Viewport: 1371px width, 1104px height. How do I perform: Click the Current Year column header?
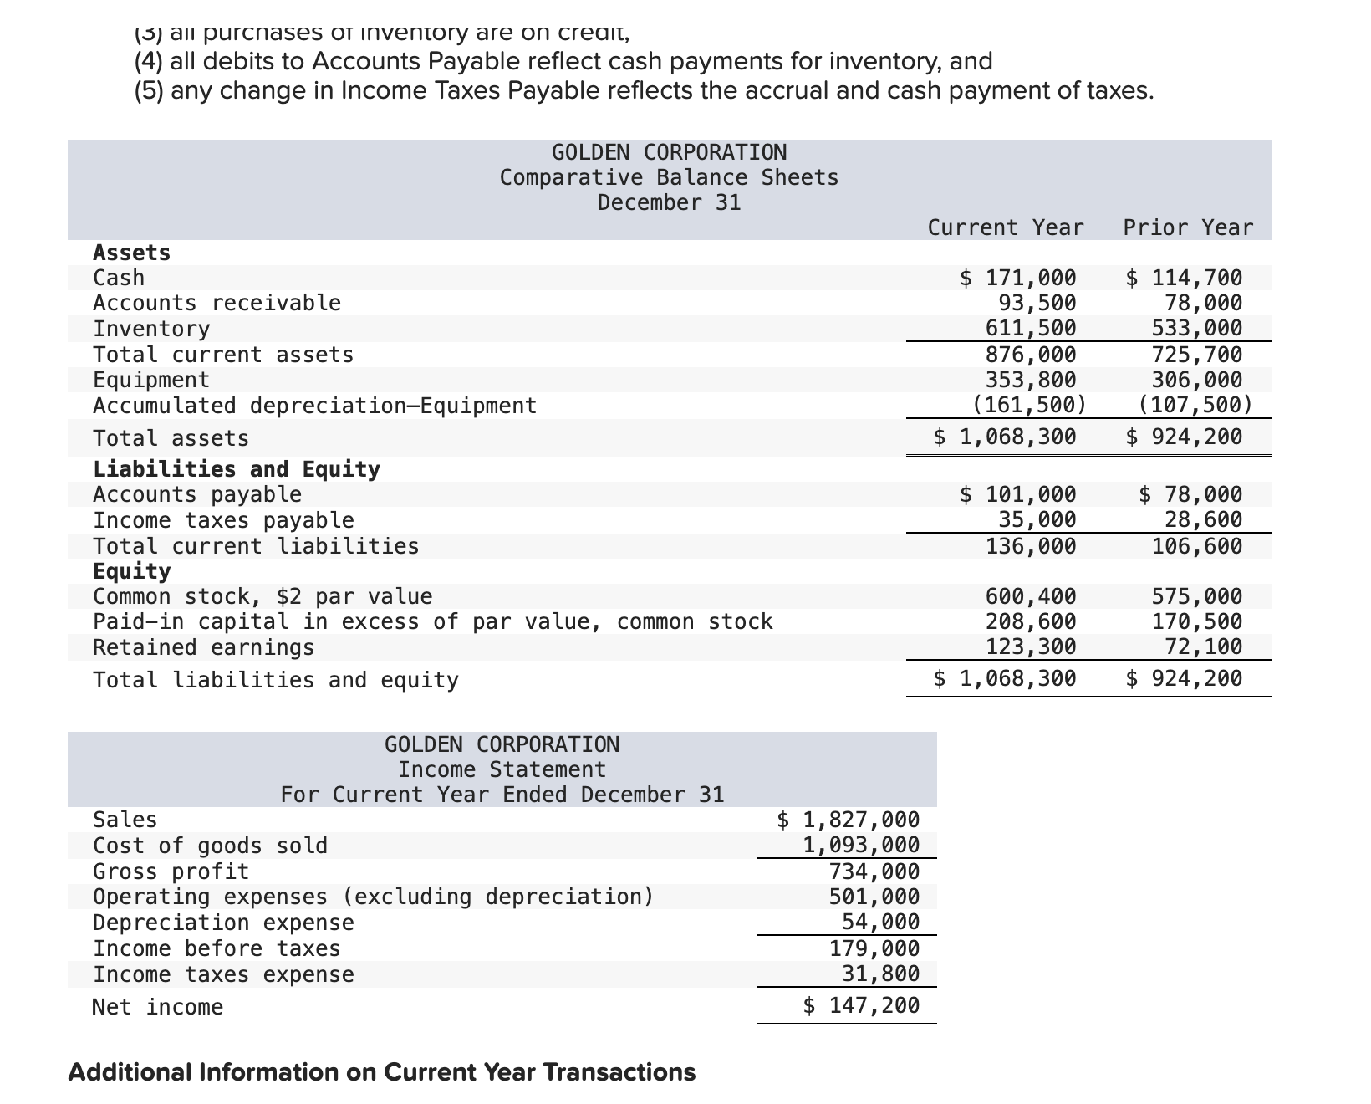tap(1006, 227)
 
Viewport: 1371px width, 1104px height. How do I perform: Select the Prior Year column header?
tap(1188, 227)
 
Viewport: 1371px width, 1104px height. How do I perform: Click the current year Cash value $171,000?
tap(1018, 278)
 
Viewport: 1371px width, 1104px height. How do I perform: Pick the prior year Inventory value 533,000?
tap(1197, 328)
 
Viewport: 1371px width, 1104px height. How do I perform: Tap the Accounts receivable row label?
tap(217, 303)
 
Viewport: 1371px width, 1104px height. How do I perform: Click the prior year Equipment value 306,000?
tap(1197, 380)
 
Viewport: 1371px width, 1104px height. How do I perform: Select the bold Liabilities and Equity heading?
tap(237, 469)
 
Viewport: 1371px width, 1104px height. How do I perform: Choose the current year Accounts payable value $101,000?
tap(1018, 494)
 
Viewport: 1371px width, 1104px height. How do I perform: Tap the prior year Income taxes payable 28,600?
tap(1204, 520)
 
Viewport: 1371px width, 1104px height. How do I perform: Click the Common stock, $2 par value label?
tap(262, 596)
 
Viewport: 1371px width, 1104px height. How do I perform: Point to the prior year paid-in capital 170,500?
tap(1197, 621)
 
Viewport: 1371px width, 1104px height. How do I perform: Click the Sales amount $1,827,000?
tap(849, 820)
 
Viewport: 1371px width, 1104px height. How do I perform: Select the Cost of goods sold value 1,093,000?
tap(861, 845)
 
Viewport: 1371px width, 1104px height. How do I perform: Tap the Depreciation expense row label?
tap(223, 923)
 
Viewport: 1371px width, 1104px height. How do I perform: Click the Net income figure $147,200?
tap(861, 1005)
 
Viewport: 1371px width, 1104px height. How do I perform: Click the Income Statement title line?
tap(502, 769)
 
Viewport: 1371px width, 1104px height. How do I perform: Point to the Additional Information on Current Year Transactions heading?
tap(381, 1072)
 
